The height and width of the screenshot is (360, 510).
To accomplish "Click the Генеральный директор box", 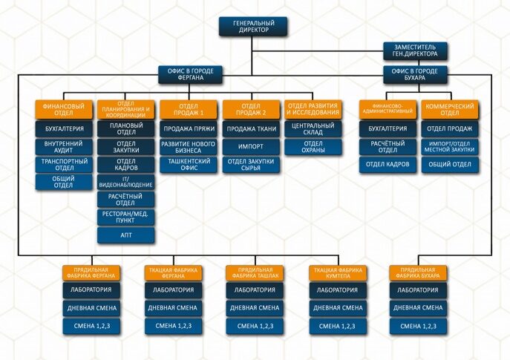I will pos(253,27).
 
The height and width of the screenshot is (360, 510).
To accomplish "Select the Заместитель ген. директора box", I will pos(415,50).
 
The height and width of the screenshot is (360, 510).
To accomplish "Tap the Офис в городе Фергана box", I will pos(189,73).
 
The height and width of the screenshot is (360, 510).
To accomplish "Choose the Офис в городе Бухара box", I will pos(415,73).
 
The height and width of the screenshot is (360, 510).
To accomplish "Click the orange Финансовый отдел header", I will pos(64,110).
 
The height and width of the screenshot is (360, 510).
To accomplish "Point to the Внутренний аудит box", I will pos(64,145).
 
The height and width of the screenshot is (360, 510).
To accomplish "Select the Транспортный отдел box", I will pos(64,163).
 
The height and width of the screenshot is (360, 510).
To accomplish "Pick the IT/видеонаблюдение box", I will pos(126,181).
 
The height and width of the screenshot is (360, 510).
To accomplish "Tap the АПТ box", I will pos(126,235).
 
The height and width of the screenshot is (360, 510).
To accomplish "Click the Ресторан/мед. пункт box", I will pos(126,217).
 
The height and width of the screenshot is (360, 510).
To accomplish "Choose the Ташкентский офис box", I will pos(189,164).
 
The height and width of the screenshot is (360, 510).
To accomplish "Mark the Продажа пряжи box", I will pos(189,128).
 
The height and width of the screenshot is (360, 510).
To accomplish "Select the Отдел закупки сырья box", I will pos(252,164).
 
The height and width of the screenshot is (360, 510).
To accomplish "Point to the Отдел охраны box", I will pos(313,147).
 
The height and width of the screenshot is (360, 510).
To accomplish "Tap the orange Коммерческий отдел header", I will pos(450,110).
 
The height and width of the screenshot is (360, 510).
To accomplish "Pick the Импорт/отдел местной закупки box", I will pos(450,146).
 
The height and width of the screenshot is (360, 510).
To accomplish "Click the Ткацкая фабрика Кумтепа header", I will pos(338,272).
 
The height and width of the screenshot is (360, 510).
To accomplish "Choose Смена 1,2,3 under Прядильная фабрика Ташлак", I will pos(255,325).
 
